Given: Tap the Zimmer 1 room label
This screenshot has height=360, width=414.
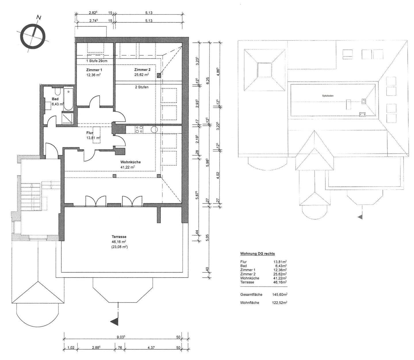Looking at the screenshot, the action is coord(94,70).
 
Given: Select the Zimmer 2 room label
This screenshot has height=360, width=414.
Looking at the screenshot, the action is coord(142,70).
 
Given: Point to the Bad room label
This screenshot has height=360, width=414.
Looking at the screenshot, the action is coord(55,99).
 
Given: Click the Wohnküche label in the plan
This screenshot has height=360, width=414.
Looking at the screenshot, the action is coord(130,162).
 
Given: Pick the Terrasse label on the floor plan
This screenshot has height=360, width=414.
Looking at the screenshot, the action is coord(119,237).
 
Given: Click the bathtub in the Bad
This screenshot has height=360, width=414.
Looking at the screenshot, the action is coord(68,99).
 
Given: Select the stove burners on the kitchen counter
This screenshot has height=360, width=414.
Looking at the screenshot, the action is coord(139,130).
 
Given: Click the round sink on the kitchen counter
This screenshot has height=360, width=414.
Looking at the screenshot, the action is coord(154,129).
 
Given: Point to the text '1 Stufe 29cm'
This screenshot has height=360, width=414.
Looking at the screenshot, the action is coord(97,61).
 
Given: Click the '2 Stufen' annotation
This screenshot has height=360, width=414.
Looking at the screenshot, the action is coord(142,87).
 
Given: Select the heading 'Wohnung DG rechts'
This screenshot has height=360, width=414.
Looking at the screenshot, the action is coord(257,254).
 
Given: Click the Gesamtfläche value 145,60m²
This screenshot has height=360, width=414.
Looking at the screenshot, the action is coord(280,295).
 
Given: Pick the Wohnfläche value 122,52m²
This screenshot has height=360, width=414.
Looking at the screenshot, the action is coord(280,303).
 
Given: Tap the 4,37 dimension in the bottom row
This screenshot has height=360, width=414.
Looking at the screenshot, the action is coord(151,348).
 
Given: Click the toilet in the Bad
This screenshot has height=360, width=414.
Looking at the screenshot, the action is coord(57,92).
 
